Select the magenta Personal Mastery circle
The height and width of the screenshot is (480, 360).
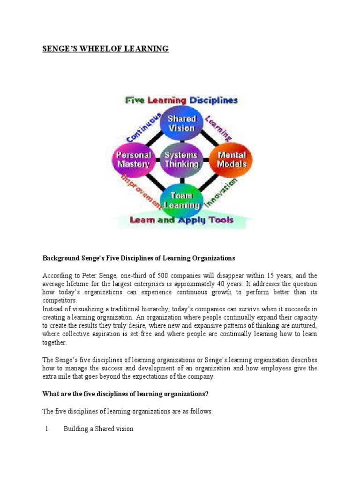tap(134, 159)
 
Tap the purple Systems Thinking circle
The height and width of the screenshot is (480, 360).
tap(181, 159)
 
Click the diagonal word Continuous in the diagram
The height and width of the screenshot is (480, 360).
tap(144, 127)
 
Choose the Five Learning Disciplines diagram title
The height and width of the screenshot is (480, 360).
tap(180, 100)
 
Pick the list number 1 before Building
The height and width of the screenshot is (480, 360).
tap(47, 428)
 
